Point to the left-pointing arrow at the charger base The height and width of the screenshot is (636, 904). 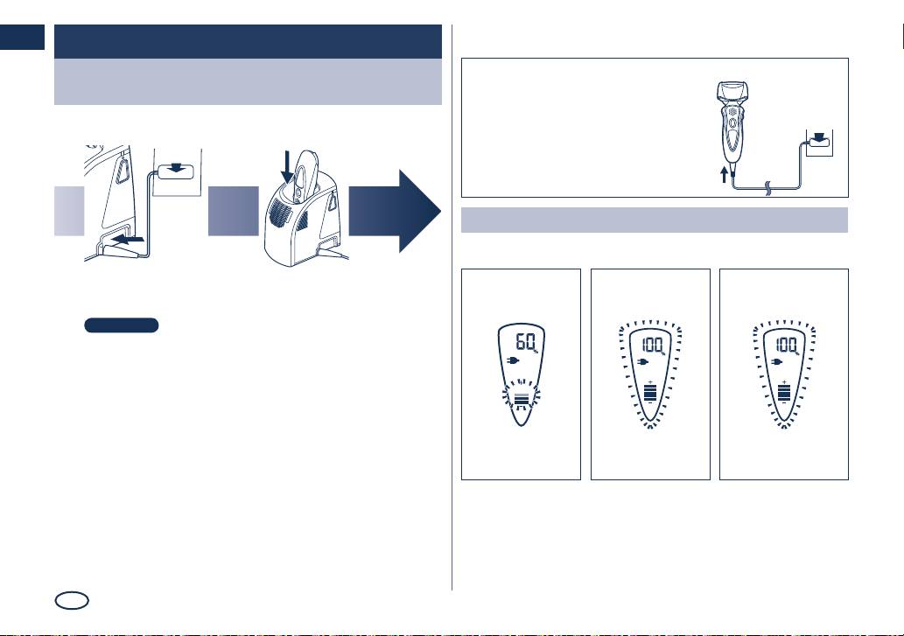127,239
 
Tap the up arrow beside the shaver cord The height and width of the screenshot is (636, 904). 725,174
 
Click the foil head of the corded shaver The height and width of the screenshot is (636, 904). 732,92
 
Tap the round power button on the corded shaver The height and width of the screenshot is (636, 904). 732,123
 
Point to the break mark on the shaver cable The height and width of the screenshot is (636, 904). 768,188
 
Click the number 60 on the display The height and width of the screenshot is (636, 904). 525,342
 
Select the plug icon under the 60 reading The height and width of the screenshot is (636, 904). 513,361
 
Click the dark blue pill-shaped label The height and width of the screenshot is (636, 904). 122,325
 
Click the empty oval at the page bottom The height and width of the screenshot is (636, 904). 72,601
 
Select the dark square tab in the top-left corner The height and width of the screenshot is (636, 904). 22,37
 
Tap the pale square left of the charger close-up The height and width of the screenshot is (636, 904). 69,212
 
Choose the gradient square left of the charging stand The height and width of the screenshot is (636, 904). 234,212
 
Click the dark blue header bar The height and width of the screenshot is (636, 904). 248,41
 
